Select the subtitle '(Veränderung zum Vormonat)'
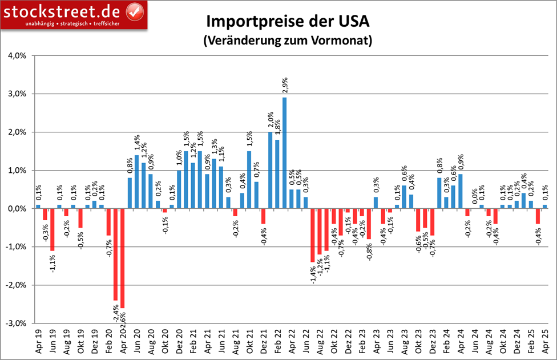tap(288, 41)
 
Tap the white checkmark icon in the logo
tap(134, 11)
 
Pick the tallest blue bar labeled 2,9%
tap(284, 153)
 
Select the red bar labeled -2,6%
tap(122, 258)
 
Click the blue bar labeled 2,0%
tap(271, 170)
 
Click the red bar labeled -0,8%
tap(369, 224)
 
